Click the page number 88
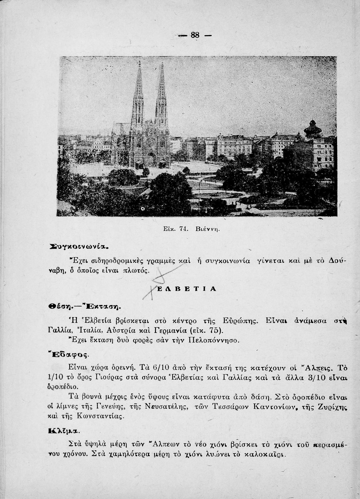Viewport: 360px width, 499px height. [195, 35]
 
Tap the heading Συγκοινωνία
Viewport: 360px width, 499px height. [79, 247]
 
